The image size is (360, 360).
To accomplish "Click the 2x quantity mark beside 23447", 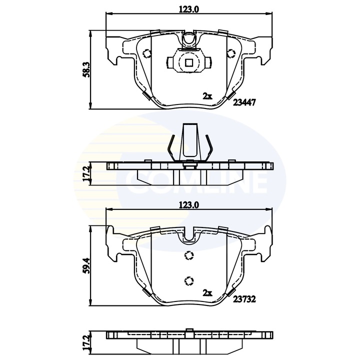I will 207,95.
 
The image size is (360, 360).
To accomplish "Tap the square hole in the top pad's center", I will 188,63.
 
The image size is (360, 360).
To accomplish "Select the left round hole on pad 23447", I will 146,54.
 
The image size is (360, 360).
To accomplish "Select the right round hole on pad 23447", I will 230,54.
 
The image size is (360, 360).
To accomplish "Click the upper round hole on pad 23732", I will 188,255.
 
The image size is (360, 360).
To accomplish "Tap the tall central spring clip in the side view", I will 188,140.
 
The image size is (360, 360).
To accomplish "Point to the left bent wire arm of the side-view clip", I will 171,148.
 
